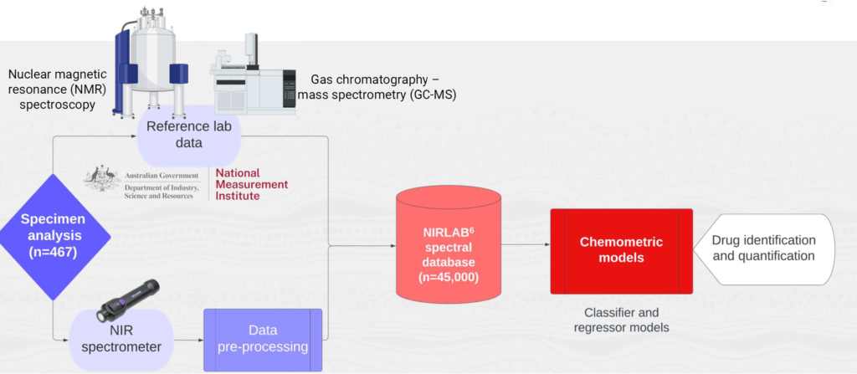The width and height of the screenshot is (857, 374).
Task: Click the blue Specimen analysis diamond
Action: pyautogui.click(x=54, y=237)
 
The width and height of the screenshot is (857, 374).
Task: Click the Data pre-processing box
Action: pyautogui.click(x=263, y=339)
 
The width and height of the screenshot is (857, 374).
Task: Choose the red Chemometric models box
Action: pyautogui.click(x=621, y=250)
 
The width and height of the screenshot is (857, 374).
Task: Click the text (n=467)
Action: pyautogui.click(x=54, y=250)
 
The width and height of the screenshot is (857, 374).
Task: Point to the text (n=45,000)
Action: pyautogui.click(x=450, y=276)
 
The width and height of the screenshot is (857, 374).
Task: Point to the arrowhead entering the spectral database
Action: pyautogui.click(x=392, y=245)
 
